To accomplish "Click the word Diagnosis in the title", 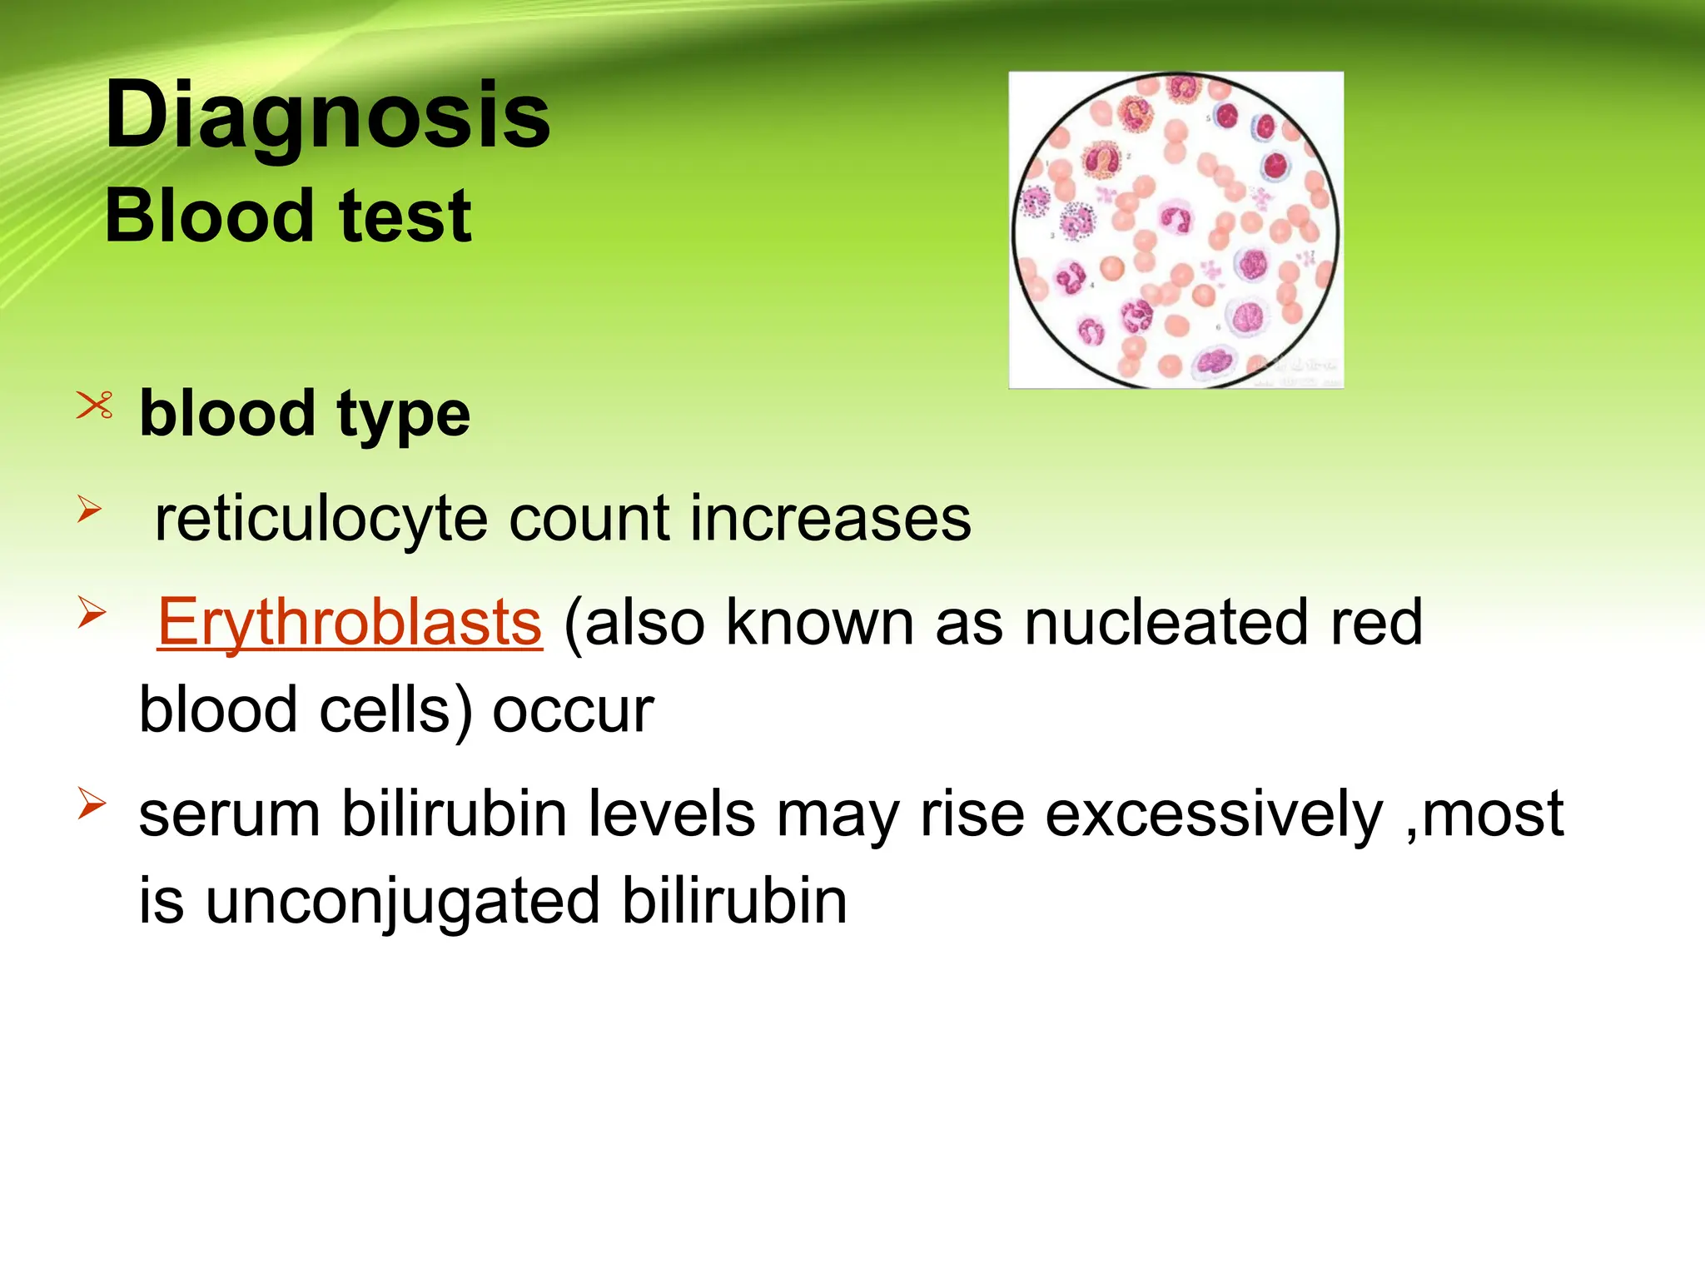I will tap(327, 117).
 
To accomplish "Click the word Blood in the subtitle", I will tap(208, 216).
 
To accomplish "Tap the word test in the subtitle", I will tap(405, 216).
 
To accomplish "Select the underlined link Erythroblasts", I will tap(350, 623).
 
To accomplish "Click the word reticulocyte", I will tap(321, 520).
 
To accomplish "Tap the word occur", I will tap(573, 712).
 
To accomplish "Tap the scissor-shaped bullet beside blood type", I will tap(94, 406).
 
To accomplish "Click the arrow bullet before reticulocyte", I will tap(90, 509).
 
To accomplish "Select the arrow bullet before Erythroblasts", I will tap(92, 614).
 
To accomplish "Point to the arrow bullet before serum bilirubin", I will tap(92, 804).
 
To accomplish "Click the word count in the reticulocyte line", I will tap(589, 520).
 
